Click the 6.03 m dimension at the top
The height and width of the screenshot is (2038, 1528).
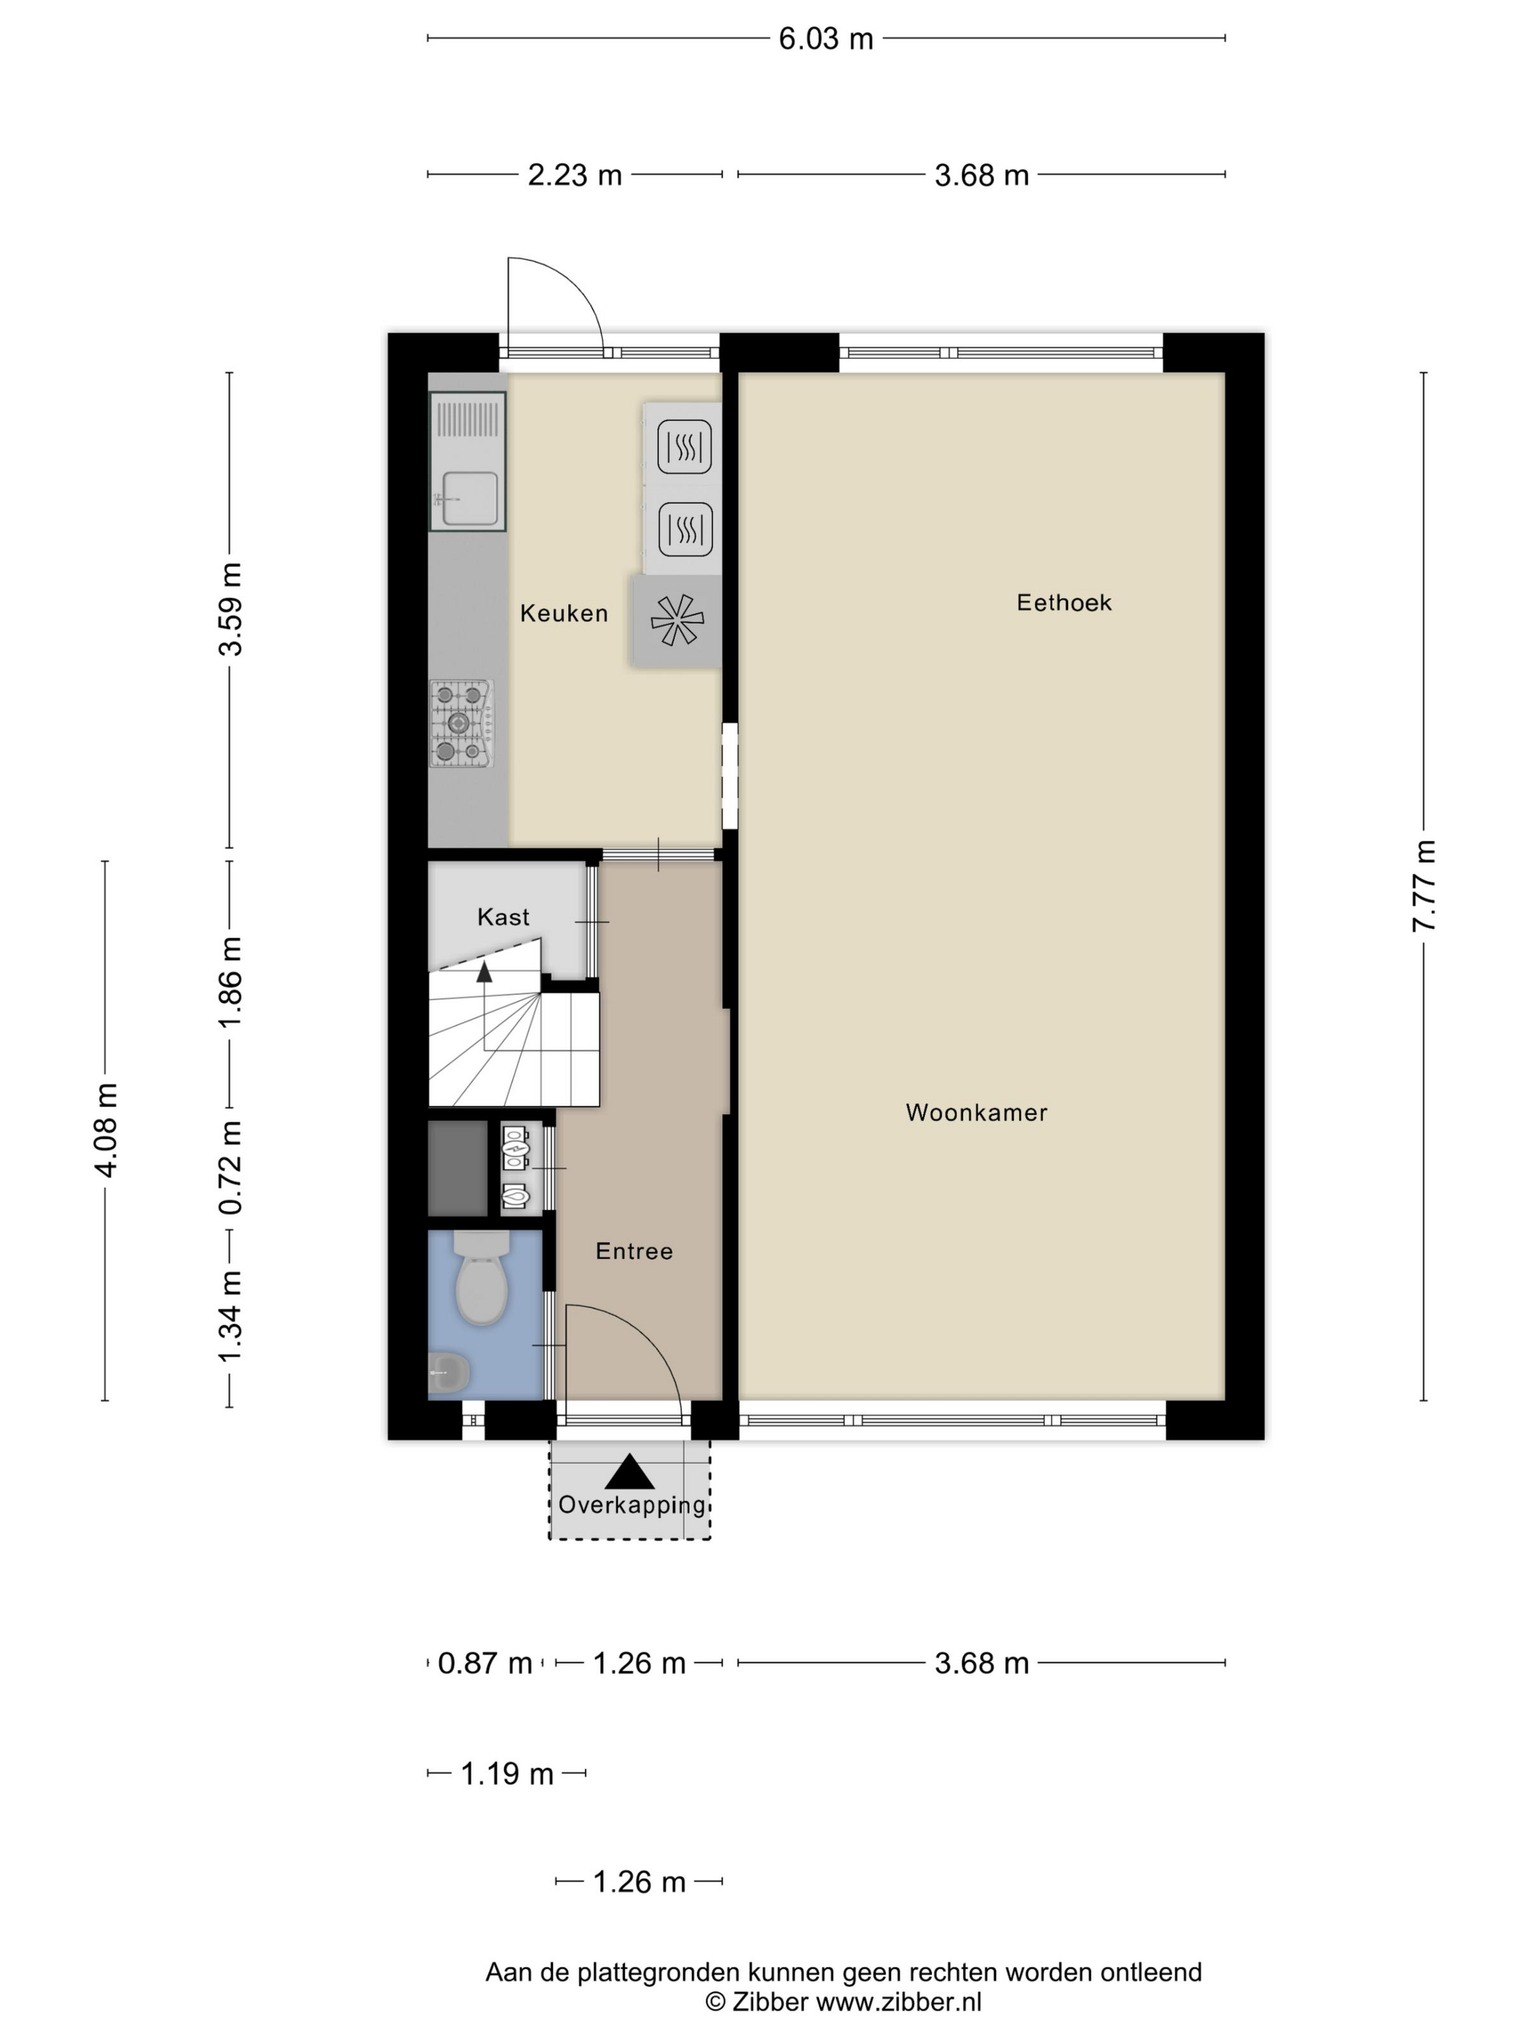pos(824,39)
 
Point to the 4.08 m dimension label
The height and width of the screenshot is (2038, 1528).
pos(106,1130)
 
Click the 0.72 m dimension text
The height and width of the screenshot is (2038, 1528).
pos(230,1167)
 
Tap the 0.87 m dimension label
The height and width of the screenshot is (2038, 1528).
pos(485,1663)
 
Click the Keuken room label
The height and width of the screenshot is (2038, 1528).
pos(564,614)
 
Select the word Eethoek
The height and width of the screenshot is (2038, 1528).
pos(1064,603)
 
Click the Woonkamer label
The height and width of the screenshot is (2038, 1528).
pos(976,1112)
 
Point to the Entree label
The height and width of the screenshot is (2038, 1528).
pos(634,1251)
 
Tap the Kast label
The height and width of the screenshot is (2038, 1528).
pos(503,916)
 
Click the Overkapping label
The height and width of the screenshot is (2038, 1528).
pos(631,1504)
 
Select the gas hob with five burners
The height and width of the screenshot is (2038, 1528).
pos(461,723)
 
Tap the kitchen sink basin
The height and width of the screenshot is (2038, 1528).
pos(470,499)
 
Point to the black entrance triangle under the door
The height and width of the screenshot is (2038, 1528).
pos(629,1472)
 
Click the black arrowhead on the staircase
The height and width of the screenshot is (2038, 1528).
pos(484,970)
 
